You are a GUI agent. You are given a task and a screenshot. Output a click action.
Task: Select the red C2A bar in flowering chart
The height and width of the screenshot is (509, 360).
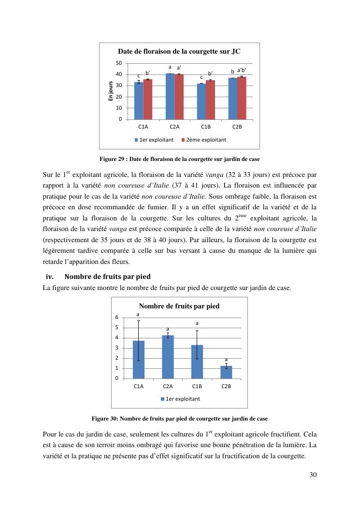(179, 97)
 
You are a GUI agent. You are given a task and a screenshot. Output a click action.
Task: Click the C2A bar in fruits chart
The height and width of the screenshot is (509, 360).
(168, 357)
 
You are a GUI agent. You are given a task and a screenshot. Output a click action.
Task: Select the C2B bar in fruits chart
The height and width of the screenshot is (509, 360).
(226, 372)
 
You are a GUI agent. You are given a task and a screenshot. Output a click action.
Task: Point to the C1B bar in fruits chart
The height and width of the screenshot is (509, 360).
(197, 362)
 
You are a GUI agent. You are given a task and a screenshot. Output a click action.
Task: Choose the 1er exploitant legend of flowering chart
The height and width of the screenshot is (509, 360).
(154, 140)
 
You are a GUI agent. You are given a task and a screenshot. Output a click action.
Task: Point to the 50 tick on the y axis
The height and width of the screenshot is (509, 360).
(118, 63)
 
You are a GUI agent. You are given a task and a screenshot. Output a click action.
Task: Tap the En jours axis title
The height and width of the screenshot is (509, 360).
(111, 91)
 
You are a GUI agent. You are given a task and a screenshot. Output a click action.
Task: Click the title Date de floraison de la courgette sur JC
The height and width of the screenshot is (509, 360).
(179, 51)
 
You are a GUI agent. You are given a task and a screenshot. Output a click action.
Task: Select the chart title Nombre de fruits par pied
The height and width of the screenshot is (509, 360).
(179, 306)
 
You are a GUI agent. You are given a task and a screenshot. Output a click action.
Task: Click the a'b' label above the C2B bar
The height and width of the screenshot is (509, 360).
(242, 70)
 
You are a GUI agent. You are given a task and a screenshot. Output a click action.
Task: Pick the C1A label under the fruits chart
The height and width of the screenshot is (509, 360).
(138, 386)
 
